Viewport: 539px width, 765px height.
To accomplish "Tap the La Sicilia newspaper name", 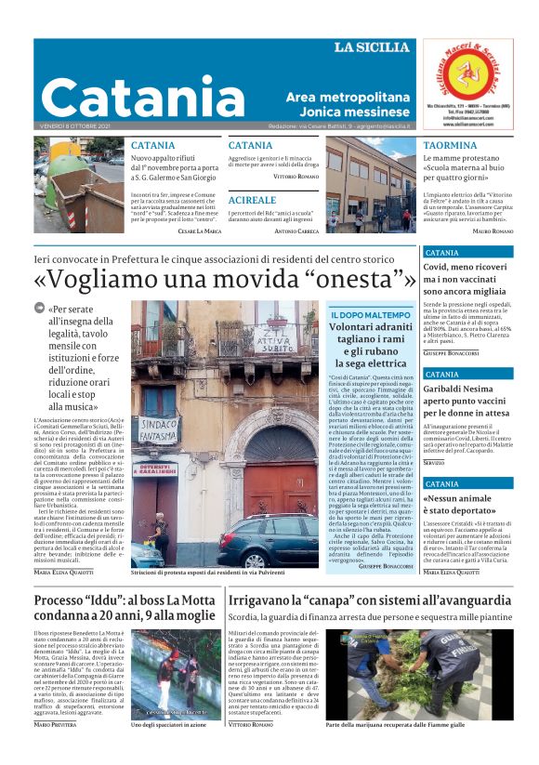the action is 372,47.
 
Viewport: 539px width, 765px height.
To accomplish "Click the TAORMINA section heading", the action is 450,146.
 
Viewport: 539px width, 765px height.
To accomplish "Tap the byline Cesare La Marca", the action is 199,231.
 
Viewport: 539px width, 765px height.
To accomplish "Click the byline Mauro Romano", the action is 493,231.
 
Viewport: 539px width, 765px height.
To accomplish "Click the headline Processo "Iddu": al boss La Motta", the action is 125,601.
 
